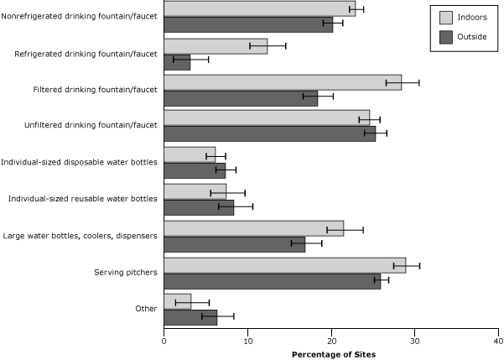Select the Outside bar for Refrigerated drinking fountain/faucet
pyautogui.click(x=177, y=61)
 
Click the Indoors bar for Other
pyautogui.click(x=177, y=301)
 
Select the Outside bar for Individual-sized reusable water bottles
pyautogui.click(x=199, y=206)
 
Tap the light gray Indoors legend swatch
pyautogui.click(x=446, y=17)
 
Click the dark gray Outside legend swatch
pyautogui.click(x=446, y=36)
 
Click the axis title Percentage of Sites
pyautogui.click(x=334, y=354)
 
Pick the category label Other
pyautogui.click(x=146, y=309)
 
